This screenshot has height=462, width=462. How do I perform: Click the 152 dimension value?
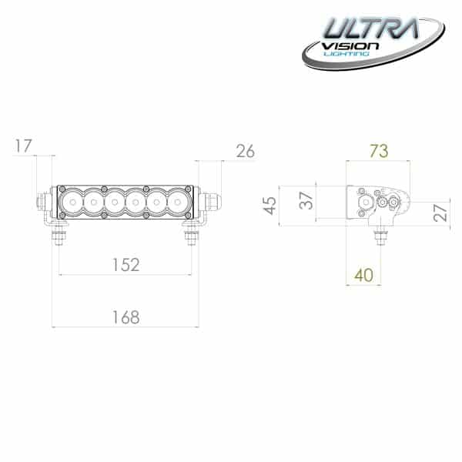click(126, 265)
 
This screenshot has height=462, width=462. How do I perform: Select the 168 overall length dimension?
click(126, 316)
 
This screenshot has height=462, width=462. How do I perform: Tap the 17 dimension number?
click(23, 145)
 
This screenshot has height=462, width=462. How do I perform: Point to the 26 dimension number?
click(245, 151)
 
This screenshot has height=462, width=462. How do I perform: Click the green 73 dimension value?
click(378, 151)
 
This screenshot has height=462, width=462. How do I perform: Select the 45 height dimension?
click(269, 206)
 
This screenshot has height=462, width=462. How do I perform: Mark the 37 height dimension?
click(306, 199)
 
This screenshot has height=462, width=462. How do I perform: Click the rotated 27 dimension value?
click(440, 213)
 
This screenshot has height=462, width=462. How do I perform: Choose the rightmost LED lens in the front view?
click(179, 203)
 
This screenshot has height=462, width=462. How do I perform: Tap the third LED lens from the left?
click(115, 203)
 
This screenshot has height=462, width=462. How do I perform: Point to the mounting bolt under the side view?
click(379, 236)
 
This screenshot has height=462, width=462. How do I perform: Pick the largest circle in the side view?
click(365, 203)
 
